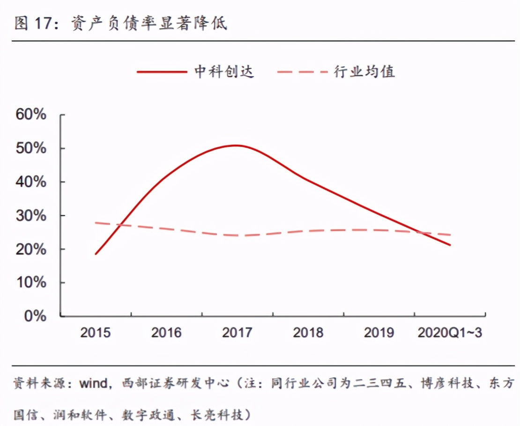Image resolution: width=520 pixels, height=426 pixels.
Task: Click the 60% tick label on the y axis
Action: point(31,114)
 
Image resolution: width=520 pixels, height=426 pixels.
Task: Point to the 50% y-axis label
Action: point(31,148)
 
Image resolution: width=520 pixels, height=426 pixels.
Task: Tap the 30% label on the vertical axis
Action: point(31,216)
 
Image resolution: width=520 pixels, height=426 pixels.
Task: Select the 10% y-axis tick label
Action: point(31,283)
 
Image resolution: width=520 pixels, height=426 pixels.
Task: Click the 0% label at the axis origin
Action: point(35,316)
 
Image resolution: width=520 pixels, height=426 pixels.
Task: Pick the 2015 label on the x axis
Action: point(95,333)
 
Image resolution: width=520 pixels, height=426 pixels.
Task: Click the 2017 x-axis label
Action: point(237,333)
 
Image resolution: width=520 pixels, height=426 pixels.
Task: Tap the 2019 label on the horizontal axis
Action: point(379,333)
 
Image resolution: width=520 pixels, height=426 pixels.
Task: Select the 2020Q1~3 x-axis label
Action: point(450,333)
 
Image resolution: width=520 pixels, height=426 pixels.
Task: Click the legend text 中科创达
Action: point(224,72)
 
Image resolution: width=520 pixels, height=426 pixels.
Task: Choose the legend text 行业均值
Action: point(364,72)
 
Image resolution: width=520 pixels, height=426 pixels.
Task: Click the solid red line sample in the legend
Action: point(161,72)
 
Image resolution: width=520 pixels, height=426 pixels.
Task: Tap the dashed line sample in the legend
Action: point(302,72)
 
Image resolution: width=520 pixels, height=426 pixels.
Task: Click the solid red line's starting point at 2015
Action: point(96,254)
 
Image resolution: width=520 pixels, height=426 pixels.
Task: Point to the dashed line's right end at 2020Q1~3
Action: point(450,235)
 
